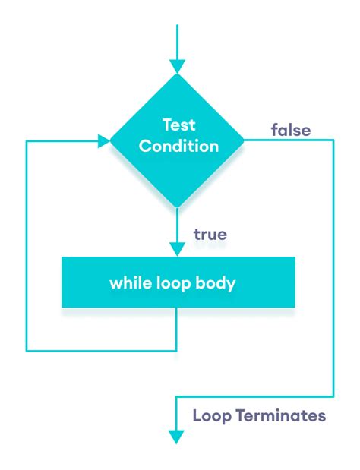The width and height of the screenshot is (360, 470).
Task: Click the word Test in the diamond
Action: coord(178,125)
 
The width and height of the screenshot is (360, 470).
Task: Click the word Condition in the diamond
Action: coord(178,145)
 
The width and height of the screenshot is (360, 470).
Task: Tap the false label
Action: coord(290,130)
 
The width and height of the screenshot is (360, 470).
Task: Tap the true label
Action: coord(210,234)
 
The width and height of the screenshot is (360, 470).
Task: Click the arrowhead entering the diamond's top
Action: coord(177,67)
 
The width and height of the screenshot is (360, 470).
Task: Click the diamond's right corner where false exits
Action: coord(243,140)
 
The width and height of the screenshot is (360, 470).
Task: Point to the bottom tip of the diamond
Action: coord(177,207)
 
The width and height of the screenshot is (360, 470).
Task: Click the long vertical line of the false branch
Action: coord(333,266)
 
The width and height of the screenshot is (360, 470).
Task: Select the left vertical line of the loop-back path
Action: coord(27,243)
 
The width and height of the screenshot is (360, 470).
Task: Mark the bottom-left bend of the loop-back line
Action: coord(27,351)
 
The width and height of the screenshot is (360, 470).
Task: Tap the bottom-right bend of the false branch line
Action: coord(333,396)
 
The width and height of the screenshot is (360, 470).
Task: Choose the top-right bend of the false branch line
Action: coord(333,140)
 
